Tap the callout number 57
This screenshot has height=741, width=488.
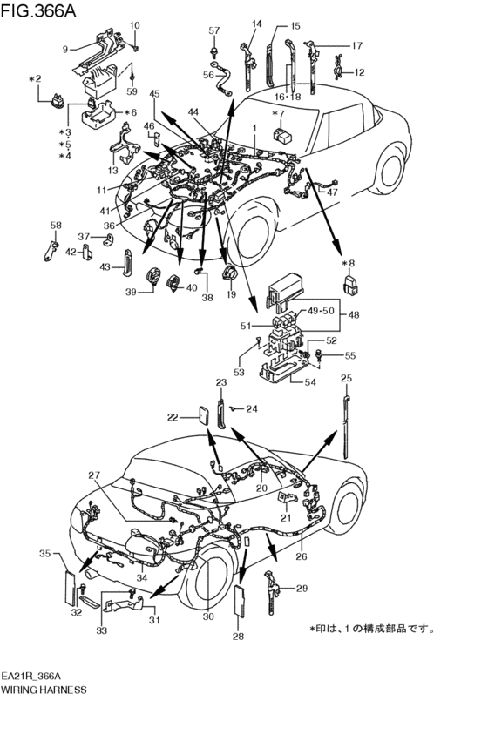[x=213, y=31]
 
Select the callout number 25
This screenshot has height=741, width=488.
[x=346, y=378]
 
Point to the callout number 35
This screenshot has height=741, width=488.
[x=44, y=553]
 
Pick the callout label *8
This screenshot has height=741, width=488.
[x=349, y=263]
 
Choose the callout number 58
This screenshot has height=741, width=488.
[x=55, y=226]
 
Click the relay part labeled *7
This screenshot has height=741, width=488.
[x=283, y=135]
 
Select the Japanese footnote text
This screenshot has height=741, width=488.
[x=372, y=628]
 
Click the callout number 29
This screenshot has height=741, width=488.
[x=302, y=589]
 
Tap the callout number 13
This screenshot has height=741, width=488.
[x=112, y=171]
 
